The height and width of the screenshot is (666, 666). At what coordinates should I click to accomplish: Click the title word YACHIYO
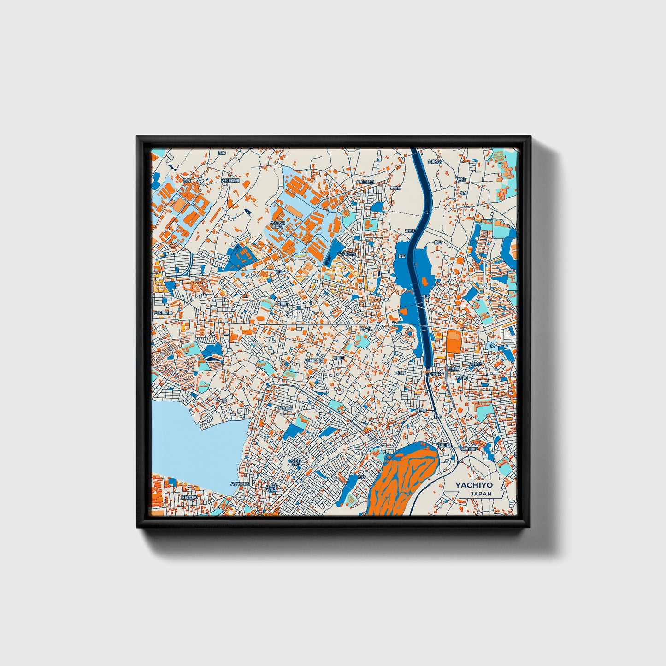474,485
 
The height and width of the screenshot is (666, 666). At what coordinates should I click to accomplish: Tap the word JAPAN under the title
481,494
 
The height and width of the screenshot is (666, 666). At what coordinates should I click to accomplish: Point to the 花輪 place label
222,152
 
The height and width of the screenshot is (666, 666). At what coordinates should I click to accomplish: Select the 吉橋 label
186,181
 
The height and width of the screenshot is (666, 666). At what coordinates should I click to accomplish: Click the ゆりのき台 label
347,254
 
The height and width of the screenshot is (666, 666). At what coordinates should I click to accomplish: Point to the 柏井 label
361,477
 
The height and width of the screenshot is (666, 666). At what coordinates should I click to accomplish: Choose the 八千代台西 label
240,484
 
